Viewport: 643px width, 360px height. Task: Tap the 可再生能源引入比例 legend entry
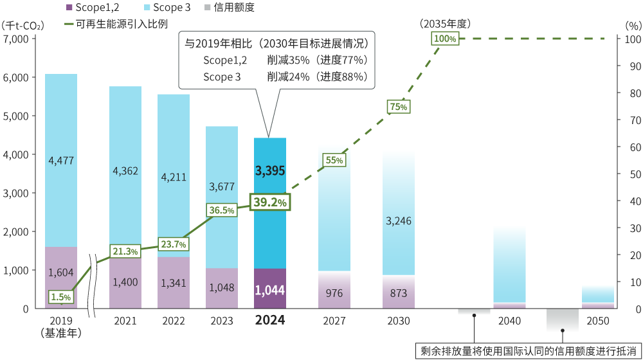tap(116, 24)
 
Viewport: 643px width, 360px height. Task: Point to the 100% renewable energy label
tap(445, 39)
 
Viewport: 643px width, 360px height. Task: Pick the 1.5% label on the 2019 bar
tap(60, 296)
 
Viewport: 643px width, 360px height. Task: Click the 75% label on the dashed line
tap(398, 107)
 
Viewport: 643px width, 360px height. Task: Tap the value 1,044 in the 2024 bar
tap(270, 290)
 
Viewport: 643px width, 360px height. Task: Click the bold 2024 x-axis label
tap(270, 319)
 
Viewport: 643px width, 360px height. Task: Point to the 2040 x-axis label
tap(509, 319)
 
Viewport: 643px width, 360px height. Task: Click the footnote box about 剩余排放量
tap(528, 350)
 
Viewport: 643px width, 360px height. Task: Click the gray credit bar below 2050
tap(563, 319)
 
